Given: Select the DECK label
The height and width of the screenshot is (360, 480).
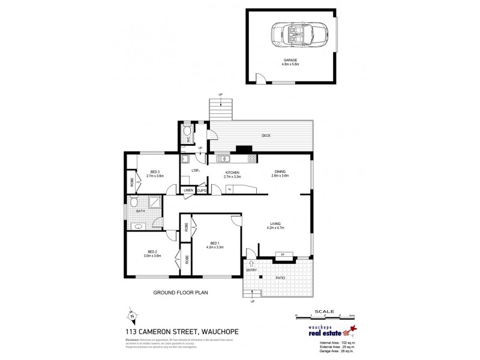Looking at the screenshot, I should click(266, 136).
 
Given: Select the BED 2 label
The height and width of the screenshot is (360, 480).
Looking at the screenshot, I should click(152, 253).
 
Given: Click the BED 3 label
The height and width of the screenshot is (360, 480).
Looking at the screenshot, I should click(155, 172).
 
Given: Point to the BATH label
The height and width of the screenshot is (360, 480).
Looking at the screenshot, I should click(140, 211).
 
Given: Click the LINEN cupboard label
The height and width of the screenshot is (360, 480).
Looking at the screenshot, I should click(188, 190).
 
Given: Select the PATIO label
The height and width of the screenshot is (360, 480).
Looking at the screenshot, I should click(280, 278).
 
